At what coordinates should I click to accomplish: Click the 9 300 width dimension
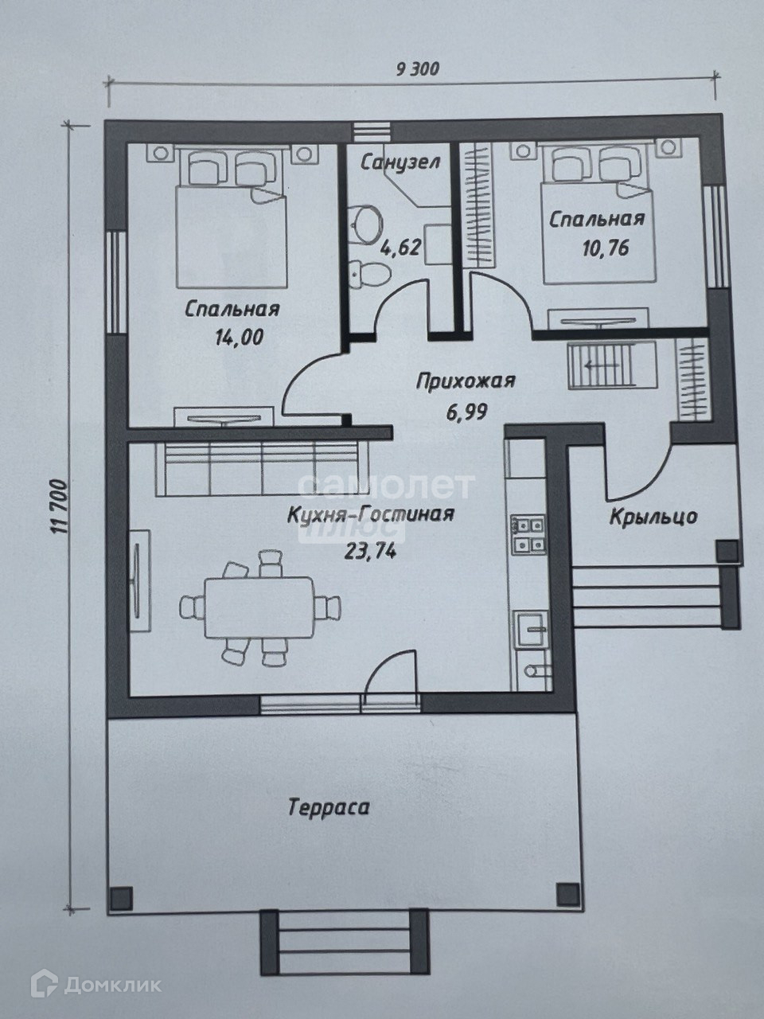(x=417, y=69)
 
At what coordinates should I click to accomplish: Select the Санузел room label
(x=400, y=162)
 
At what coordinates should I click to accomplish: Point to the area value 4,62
(x=401, y=247)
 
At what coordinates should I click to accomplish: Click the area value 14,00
(x=239, y=337)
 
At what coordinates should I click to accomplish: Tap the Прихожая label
(x=466, y=381)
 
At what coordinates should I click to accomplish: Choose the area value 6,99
(x=467, y=411)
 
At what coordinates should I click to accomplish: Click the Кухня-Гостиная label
(x=371, y=514)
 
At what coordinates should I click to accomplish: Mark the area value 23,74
(x=370, y=551)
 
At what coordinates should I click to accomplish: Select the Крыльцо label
(x=653, y=517)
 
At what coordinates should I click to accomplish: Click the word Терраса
(x=329, y=807)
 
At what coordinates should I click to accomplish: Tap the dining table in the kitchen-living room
(x=259, y=607)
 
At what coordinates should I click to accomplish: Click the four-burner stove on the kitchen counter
(x=528, y=534)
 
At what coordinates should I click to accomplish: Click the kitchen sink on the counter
(x=532, y=629)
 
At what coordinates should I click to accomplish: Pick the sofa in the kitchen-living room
(x=263, y=469)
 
